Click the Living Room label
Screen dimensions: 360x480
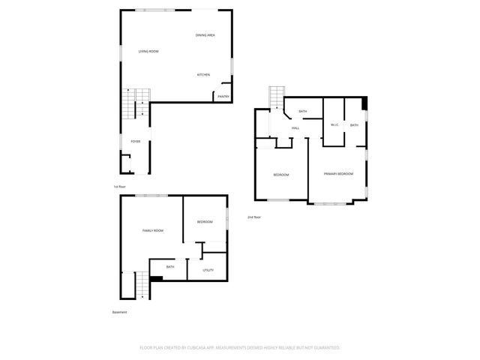148,51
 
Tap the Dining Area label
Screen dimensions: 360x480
205,35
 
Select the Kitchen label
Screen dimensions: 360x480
203,74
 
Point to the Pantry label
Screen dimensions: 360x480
223,96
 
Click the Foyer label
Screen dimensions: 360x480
136,141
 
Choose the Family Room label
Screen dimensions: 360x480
153,230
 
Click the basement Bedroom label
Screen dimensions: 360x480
205,222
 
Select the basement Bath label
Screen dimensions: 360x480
170,266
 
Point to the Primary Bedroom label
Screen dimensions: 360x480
338,174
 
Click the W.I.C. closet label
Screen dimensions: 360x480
334,124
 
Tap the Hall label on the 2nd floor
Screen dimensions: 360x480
295,128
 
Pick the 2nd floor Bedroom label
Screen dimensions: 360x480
281,175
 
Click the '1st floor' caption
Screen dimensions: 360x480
119,186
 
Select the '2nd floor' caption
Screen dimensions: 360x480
254,217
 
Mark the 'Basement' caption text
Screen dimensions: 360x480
120,312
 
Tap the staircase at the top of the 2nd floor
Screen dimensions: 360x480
276,97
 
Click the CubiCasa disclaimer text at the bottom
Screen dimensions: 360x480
240,348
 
